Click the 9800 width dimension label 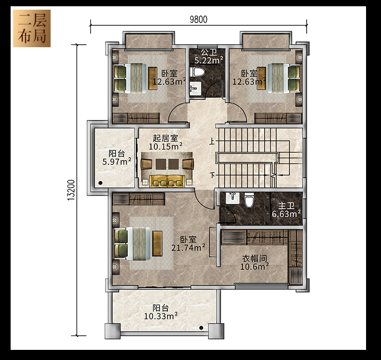(x=199, y=19)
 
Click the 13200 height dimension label (x=71, y=190)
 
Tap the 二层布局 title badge (x=32, y=28)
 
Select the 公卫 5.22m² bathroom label (x=209, y=56)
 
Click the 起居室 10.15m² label (x=165, y=143)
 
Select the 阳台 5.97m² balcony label (x=117, y=158)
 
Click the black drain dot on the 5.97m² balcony (x=101, y=183)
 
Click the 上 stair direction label (x=212, y=141)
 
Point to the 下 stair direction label (x=213, y=174)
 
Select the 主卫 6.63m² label (x=286, y=210)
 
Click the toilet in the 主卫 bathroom (x=249, y=200)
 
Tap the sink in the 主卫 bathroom (x=232, y=198)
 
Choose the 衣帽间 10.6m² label (x=255, y=263)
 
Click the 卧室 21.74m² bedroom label (x=188, y=244)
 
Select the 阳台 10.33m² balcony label (x=161, y=312)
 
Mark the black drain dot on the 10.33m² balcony (x=201, y=328)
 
